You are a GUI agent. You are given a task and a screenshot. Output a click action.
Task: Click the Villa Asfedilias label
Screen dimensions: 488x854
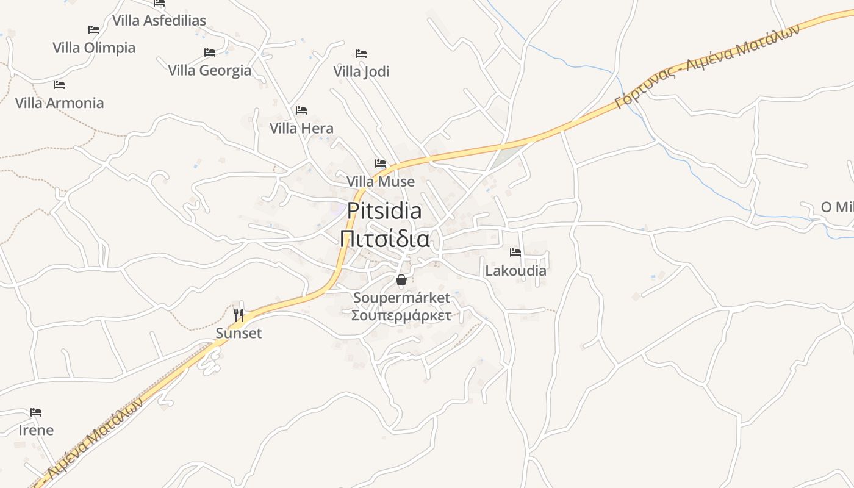[159, 20]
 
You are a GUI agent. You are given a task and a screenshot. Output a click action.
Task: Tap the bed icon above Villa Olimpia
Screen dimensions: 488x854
[93, 29]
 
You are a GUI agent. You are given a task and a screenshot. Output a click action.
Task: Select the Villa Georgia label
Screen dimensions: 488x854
[209, 70]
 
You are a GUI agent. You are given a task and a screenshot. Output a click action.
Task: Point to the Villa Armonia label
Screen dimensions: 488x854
[59, 102]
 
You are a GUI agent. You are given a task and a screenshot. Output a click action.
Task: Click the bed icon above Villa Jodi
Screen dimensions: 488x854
[361, 54]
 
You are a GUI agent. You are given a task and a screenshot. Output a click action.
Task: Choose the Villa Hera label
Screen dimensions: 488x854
[301, 128]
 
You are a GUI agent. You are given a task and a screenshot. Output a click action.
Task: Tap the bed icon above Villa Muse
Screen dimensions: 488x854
[381, 163]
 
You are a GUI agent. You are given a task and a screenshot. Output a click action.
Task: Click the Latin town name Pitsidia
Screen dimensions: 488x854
[384, 210]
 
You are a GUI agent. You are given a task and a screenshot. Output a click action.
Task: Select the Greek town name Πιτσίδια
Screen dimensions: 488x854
[384, 239]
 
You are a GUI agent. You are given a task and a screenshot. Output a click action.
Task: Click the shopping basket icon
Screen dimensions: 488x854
[401, 280]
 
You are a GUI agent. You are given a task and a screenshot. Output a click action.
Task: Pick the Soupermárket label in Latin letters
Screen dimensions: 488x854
[401, 298]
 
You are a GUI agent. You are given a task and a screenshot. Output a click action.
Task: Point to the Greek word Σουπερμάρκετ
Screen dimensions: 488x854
[401, 315]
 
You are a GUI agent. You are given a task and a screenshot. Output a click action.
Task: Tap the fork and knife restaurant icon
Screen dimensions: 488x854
[239, 315]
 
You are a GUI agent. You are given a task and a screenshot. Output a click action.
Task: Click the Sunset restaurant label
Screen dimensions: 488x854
[239, 333]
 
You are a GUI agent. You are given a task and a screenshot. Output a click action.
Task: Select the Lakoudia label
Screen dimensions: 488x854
[515, 270]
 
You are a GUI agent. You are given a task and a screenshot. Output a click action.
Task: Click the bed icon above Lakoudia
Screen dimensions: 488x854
[515, 252]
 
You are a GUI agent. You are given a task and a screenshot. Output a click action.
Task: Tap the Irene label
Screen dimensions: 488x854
[36, 430]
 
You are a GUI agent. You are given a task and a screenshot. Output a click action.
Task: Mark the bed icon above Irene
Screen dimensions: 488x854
[36, 412]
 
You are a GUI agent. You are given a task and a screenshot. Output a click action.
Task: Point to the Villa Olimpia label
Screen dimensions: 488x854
[94, 48]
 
